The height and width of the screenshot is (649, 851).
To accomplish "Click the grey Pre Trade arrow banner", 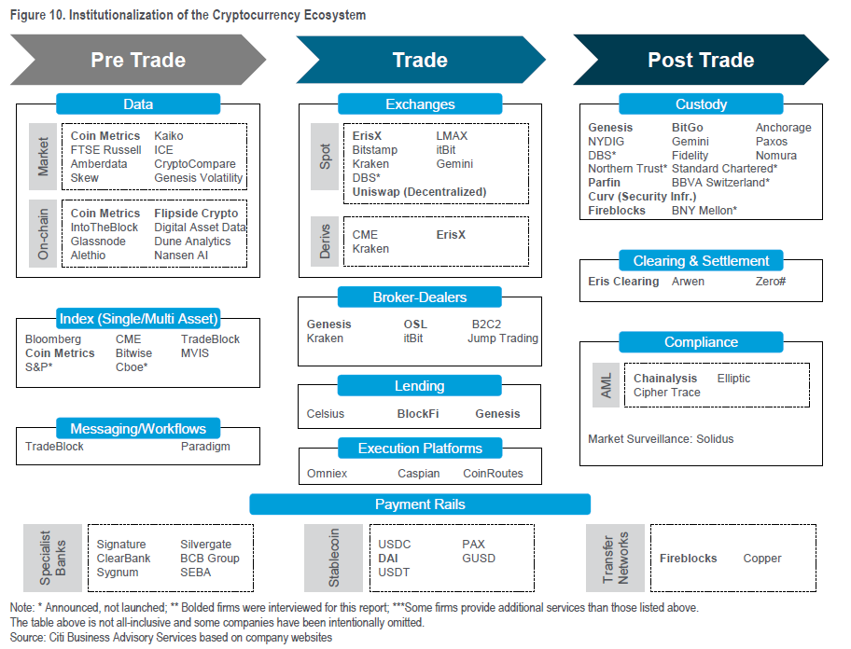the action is point(138,60).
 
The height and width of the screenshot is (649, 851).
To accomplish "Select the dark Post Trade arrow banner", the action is point(701,60).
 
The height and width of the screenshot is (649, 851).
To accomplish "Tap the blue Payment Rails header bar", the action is point(420,504).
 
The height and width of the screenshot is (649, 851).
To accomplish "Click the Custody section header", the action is point(701,104).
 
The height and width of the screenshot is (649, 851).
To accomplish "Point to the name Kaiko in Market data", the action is point(169,135).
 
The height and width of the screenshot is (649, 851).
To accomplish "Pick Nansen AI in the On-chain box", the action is point(181,255).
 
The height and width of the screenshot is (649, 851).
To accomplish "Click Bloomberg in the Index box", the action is point(53,338).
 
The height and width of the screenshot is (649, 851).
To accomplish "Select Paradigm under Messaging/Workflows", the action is point(205,447).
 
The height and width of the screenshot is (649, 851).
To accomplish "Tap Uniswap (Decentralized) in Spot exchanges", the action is point(419,191).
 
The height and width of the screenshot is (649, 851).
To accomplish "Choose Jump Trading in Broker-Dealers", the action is point(503,338).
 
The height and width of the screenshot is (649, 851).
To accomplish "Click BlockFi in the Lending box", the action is point(418,414).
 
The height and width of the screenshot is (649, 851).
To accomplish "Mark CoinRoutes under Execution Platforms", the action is point(493,474).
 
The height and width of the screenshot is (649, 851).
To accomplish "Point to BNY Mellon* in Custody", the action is point(705,211).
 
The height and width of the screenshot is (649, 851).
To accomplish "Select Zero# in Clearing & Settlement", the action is point(771,282).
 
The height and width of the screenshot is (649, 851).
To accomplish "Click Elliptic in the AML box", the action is point(733,379).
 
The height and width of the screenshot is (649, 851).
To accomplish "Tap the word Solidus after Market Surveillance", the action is point(715,438).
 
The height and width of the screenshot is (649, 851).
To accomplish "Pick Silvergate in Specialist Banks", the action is point(205,544).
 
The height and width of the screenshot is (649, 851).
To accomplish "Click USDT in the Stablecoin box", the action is point(394,572).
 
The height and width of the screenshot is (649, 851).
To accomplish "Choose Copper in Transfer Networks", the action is point(762,559).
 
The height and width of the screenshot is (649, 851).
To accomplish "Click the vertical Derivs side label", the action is point(325,242).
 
